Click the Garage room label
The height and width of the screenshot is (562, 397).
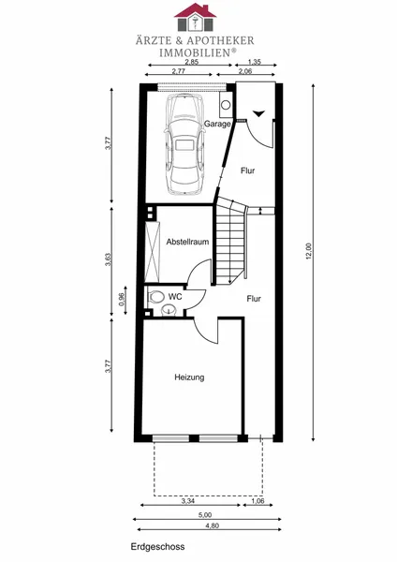[217, 124]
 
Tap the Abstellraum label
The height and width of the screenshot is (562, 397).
[187, 242]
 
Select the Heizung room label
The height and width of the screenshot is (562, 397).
[189, 377]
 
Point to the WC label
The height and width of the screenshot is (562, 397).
[175, 297]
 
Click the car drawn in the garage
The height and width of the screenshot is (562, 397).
[184, 145]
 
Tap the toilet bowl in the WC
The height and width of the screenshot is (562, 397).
[155, 297]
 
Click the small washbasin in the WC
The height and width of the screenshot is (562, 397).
[169, 310]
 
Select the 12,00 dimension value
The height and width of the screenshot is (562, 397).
[310, 251]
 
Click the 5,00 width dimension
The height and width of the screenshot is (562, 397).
[205, 515]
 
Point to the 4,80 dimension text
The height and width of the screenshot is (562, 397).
[213, 525]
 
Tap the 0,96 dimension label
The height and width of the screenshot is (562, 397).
[121, 299]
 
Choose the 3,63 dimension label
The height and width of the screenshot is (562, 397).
[108, 259]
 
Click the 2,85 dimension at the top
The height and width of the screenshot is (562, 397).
[192, 61]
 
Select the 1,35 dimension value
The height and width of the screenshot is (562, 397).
[255, 62]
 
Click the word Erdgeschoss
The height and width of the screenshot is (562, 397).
[157, 547]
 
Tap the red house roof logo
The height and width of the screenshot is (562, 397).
[196, 10]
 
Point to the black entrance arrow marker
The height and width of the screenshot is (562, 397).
[258, 113]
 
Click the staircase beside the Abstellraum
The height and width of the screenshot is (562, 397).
[230, 241]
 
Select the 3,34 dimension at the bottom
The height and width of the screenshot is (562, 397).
[188, 501]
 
